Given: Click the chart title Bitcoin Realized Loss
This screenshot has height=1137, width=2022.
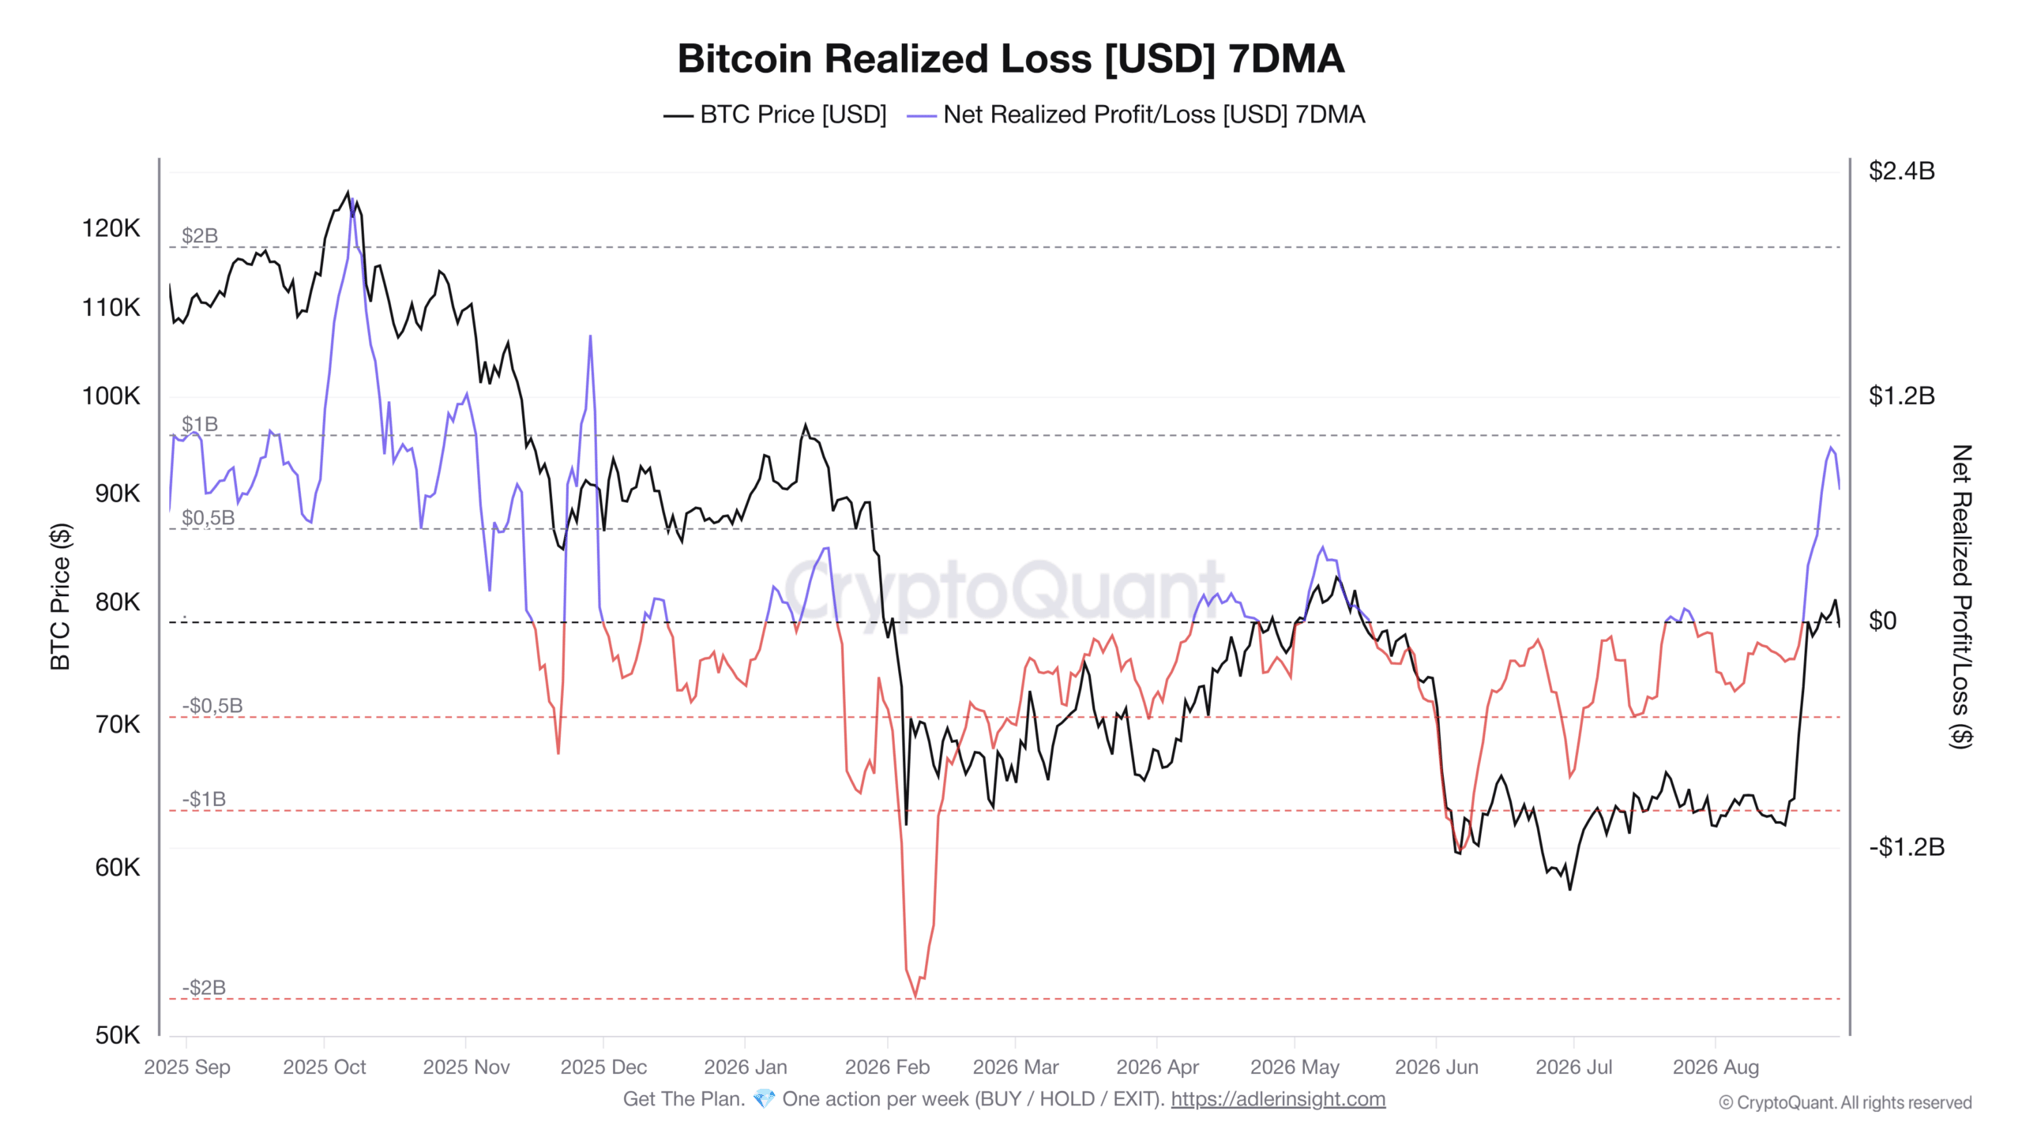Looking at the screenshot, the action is pos(1011,59).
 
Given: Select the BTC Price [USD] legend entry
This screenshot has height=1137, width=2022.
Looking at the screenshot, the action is pos(775,115).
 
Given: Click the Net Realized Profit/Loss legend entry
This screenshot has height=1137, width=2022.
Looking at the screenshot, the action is pos(1136,115).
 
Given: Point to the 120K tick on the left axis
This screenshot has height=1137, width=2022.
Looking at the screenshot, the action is pos(111,228).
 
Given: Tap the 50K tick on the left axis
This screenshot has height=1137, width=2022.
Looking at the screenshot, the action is pos(117,1035).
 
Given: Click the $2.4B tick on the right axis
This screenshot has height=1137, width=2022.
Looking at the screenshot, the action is pos(1902,171).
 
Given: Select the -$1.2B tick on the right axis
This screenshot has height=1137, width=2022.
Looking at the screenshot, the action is pos(1906,847).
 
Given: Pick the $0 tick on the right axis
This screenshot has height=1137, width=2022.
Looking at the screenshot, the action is pos(1882,621).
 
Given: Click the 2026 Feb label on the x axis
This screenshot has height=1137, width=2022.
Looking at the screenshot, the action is pos(887,1068).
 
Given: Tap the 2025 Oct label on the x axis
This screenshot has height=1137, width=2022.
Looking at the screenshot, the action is pos(324,1068).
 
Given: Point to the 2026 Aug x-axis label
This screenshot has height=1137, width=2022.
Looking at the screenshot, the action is pos(1716,1068).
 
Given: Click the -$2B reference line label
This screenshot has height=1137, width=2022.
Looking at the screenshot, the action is pos(204,988).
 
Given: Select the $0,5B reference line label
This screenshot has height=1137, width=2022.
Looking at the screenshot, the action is pos(208,518).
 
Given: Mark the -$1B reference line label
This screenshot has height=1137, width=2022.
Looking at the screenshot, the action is pos(204,800).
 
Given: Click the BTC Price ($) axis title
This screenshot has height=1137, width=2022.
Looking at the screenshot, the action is pos(60,597).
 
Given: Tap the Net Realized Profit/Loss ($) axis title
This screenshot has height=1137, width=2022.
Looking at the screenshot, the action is pos(1962,597).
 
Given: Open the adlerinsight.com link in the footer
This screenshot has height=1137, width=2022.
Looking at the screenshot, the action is pos(1278,1099).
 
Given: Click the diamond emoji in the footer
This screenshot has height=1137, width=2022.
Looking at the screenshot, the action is pos(764,1099).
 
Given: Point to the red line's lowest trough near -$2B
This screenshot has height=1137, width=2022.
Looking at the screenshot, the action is pos(915,996).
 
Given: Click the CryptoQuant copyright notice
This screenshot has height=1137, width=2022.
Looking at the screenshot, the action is pos(1845,1103).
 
